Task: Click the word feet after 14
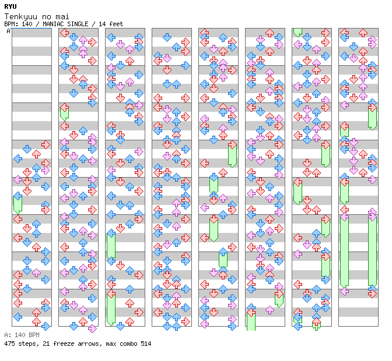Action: [x=116, y=24]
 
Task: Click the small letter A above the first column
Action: [x=9, y=31]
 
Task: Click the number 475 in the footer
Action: [x=9, y=344]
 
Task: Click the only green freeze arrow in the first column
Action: [x=17, y=203]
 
